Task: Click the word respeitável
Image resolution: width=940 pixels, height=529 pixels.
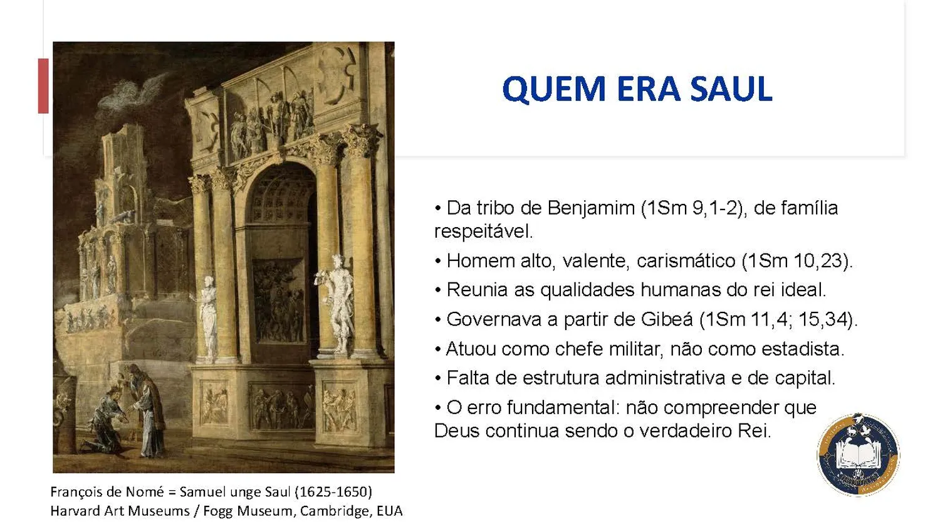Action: click(483, 232)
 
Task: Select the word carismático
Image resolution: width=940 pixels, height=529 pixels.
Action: click(686, 260)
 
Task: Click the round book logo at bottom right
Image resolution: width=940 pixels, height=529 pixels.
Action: click(858, 455)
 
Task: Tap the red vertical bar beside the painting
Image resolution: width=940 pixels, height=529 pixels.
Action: click(43, 86)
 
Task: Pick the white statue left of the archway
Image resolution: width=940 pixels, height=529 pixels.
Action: click(208, 317)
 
